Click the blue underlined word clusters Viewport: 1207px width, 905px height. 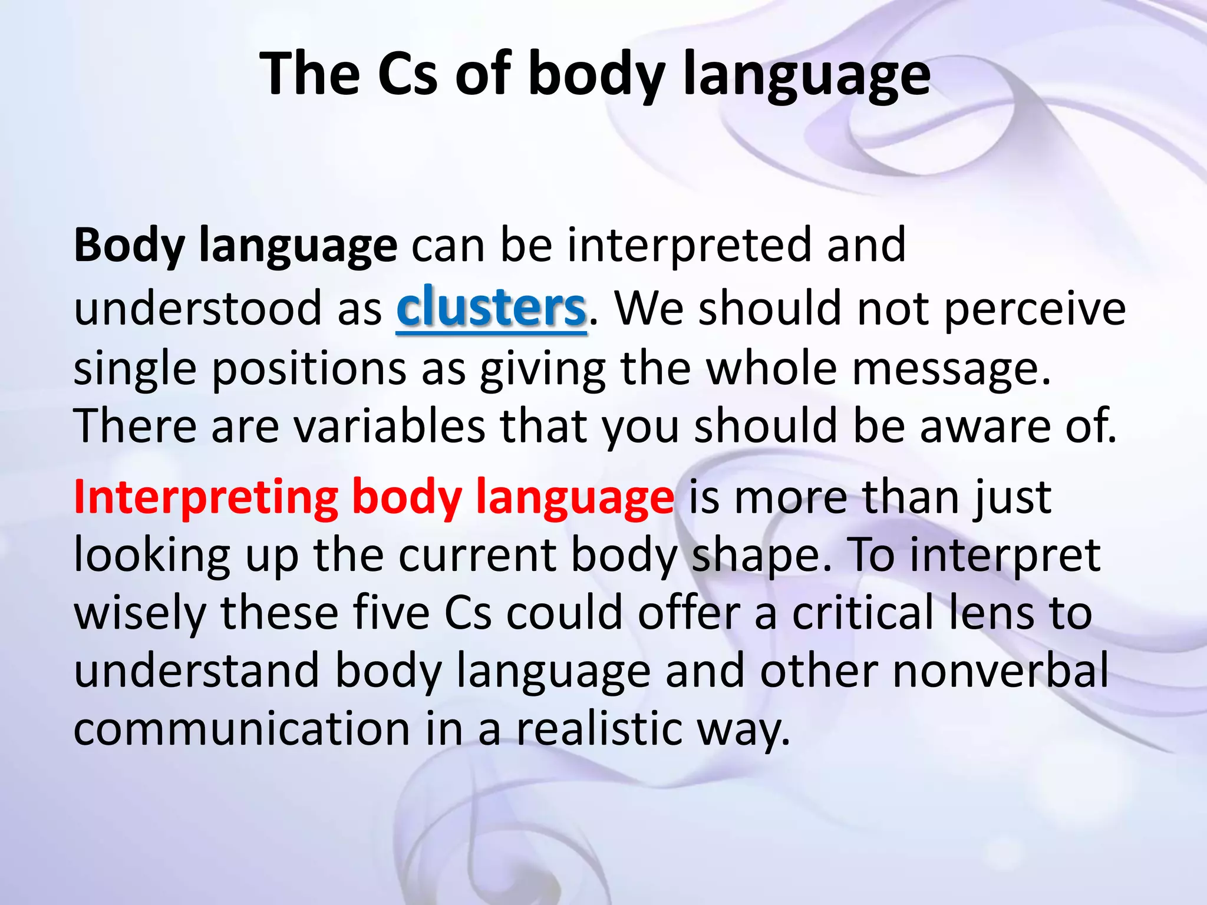[x=491, y=308]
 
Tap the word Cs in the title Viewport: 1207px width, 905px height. [x=407, y=74]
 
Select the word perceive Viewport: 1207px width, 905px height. [x=1035, y=309]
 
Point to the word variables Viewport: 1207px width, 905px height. [x=390, y=426]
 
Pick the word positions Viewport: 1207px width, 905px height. [x=309, y=369]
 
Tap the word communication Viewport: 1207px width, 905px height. [x=242, y=728]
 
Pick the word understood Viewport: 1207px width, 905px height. [x=198, y=308]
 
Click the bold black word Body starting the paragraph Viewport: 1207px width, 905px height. [x=129, y=246]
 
